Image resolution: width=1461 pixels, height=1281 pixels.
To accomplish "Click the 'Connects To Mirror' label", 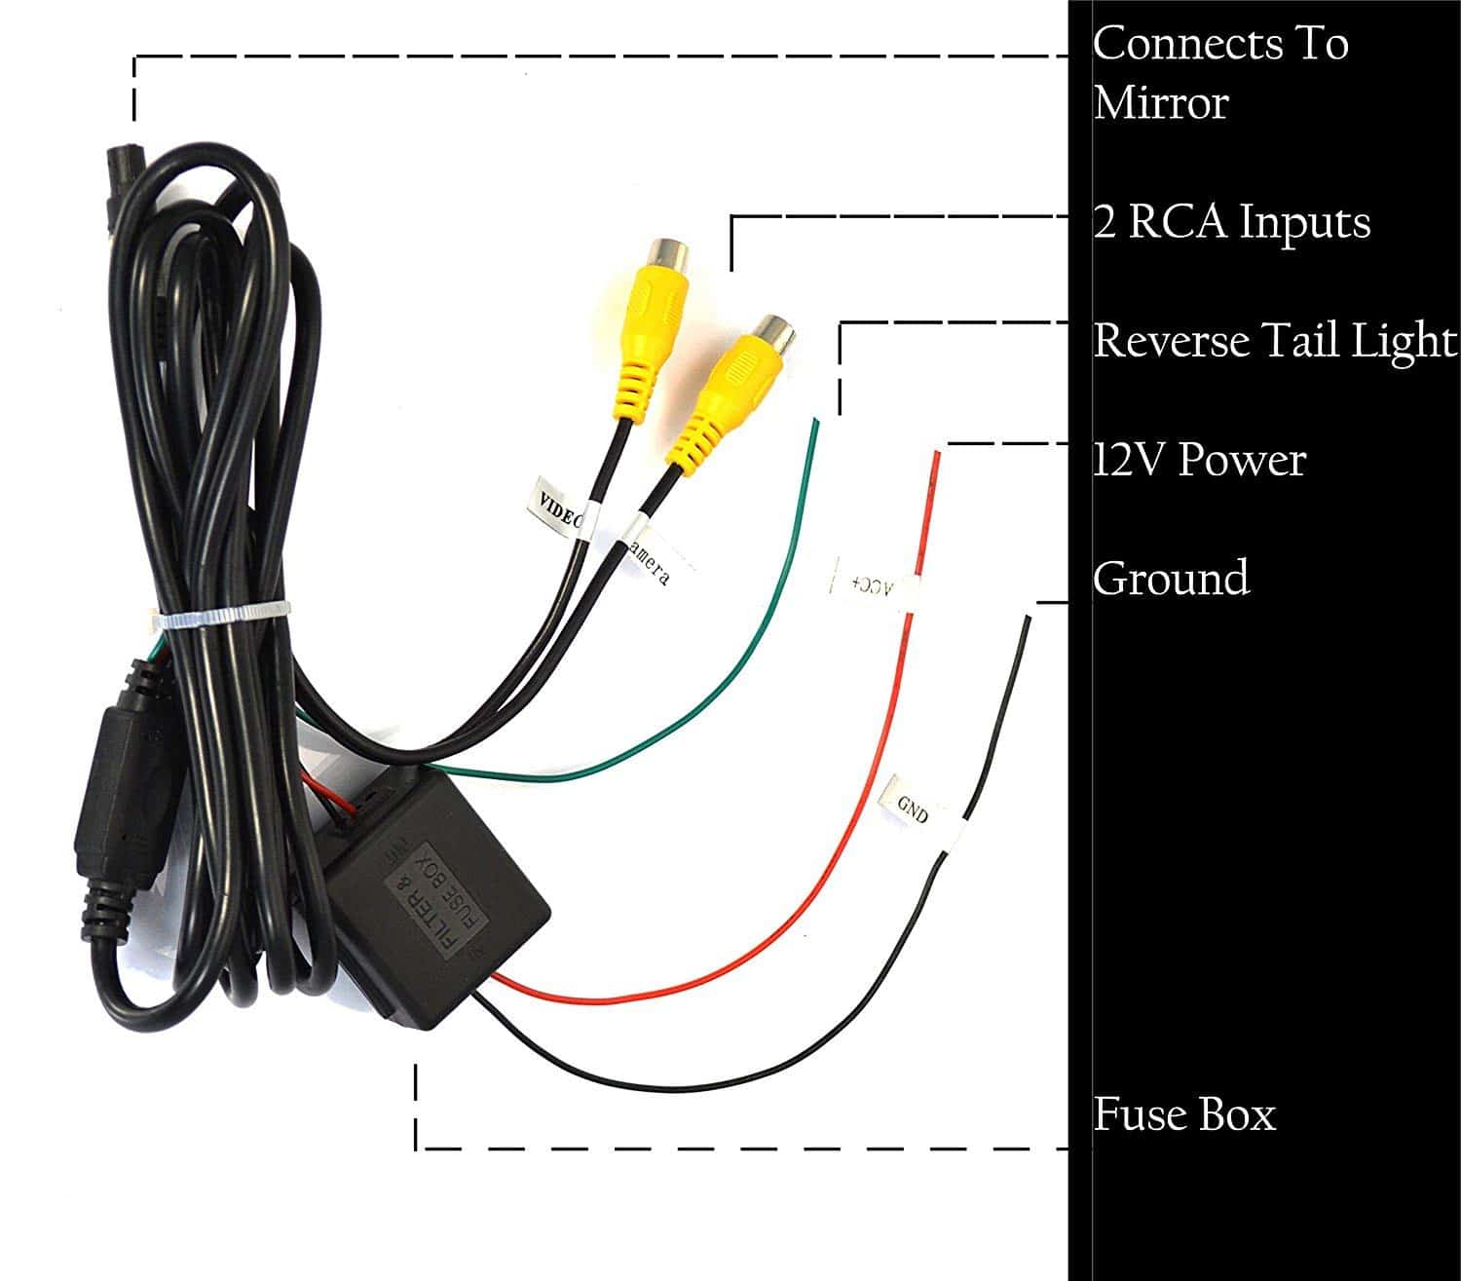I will pos(1219,73).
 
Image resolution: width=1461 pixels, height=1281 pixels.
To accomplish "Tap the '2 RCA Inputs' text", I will pos(1231,222).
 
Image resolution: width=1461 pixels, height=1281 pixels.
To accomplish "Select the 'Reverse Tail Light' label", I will pos(1274,341).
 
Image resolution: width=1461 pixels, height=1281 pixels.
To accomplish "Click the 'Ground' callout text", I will pos(1171,578).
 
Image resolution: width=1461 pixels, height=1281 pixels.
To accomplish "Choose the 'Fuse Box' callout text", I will pos(1183,1114).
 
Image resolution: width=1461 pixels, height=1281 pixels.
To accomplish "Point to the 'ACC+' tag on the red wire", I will pos(872,583).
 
